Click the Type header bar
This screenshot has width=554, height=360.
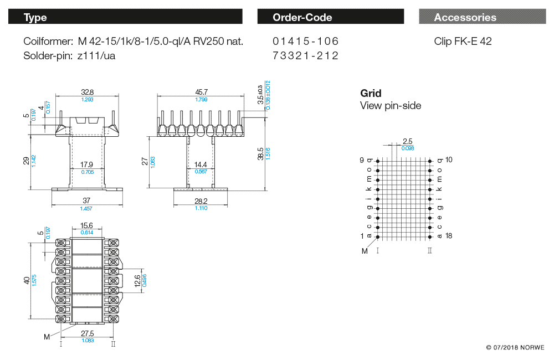coord(125,17)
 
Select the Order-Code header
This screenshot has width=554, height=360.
coord(330,17)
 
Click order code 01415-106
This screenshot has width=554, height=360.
coord(306,42)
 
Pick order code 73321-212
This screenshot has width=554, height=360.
coord(306,55)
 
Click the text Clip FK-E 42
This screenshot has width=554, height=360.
coord(463,42)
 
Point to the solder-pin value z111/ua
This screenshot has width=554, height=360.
coord(96,55)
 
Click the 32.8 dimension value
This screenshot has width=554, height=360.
coord(88,92)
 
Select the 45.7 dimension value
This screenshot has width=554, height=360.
coord(201,92)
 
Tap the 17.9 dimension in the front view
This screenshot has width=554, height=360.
coord(86,164)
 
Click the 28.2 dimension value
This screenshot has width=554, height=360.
coord(201,200)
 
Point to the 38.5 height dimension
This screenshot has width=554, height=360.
coord(261,153)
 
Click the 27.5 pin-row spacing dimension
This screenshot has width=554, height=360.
coord(88,333)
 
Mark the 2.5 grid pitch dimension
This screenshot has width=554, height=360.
coord(407,141)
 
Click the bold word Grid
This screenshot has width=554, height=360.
coord(371,94)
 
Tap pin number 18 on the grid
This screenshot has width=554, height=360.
coord(449,236)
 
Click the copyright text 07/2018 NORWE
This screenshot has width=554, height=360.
coord(515,348)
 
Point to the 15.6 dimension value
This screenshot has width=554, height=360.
coord(87,225)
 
